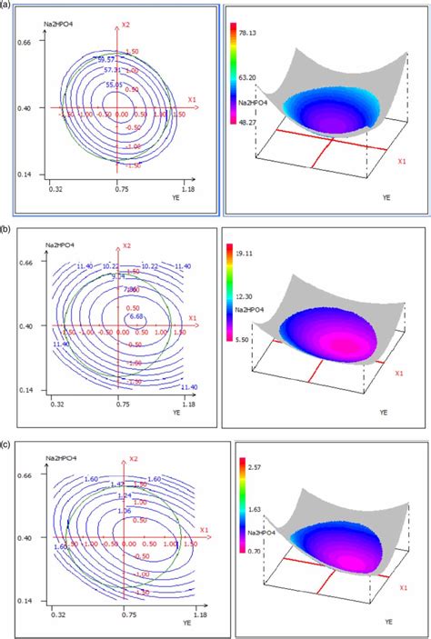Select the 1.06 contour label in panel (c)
coord(125,512)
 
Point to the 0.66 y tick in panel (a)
coord(24,43)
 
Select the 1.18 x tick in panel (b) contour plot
coord(187,400)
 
